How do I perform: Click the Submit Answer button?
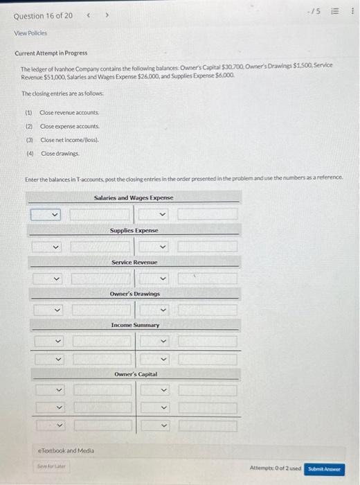click(325, 468)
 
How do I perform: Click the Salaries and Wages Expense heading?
click(134, 197)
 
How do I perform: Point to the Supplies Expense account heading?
click(134, 230)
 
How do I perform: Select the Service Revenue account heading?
click(134, 263)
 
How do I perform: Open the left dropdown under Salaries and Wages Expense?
click(47, 214)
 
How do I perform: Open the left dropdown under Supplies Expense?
click(47, 246)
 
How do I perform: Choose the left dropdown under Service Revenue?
click(47, 279)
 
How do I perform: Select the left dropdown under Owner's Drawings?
click(47, 310)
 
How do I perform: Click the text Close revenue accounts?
click(69, 112)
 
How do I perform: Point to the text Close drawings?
click(61, 153)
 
